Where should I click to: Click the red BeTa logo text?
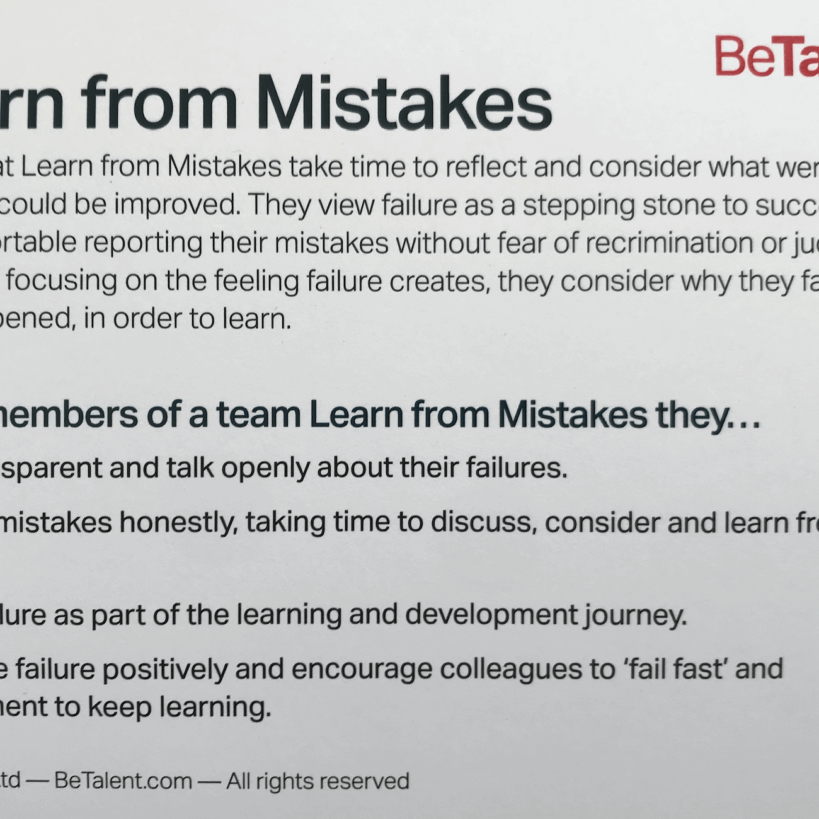(766, 57)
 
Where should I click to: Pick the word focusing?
(62, 282)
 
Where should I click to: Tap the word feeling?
(256, 282)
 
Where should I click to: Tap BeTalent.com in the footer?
(123, 781)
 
